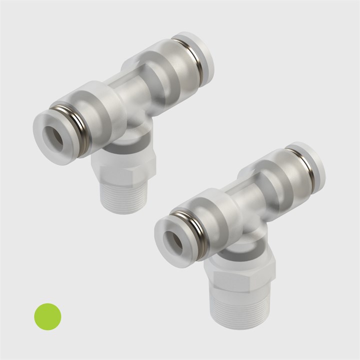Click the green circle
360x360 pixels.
[x=47, y=316]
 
